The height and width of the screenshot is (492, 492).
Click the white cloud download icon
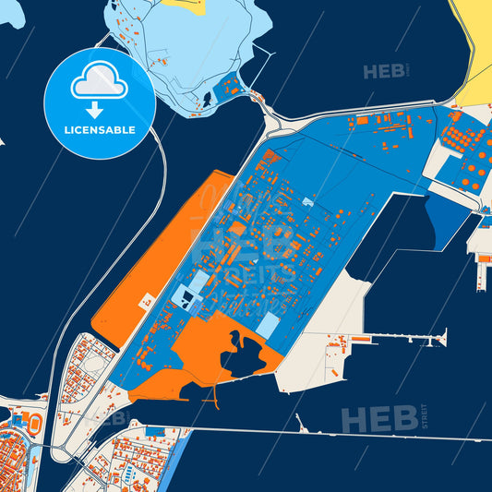[100, 86]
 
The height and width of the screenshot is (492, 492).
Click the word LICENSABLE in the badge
[100, 130]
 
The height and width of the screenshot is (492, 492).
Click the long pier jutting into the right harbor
[406, 339]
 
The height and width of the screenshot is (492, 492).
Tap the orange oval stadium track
[35, 424]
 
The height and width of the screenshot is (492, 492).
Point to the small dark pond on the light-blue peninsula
[210, 97]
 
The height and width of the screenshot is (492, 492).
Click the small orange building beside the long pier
[359, 340]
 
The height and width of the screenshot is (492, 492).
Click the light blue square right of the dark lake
[267, 326]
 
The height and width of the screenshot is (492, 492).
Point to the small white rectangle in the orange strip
[146, 299]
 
